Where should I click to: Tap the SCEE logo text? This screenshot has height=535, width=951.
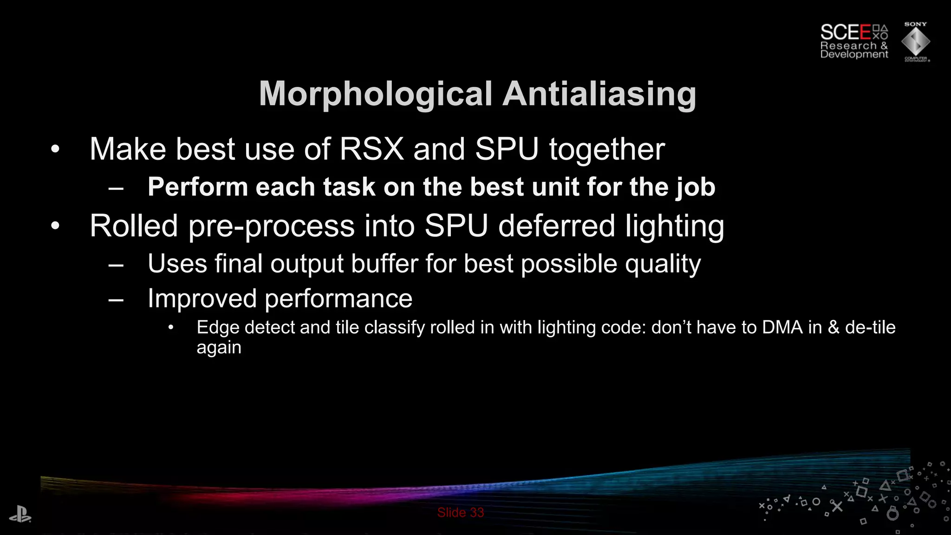[845, 33]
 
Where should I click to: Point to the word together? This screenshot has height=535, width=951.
[607, 150]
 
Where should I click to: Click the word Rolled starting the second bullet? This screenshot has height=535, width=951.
[134, 226]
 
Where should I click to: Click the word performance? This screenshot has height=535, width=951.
[338, 298]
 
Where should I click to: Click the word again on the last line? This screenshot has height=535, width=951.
[219, 348]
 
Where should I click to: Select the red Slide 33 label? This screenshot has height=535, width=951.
[460, 512]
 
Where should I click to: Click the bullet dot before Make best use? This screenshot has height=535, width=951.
[55, 150]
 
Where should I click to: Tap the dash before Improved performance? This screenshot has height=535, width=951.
[116, 299]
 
